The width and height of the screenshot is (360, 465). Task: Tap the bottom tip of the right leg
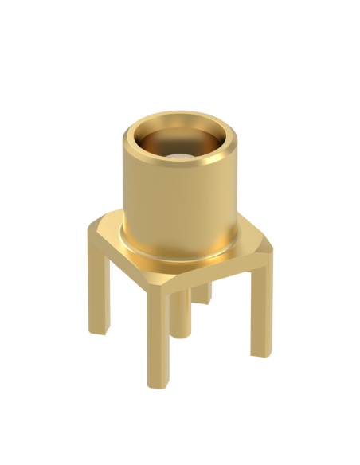[x=260, y=352]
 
